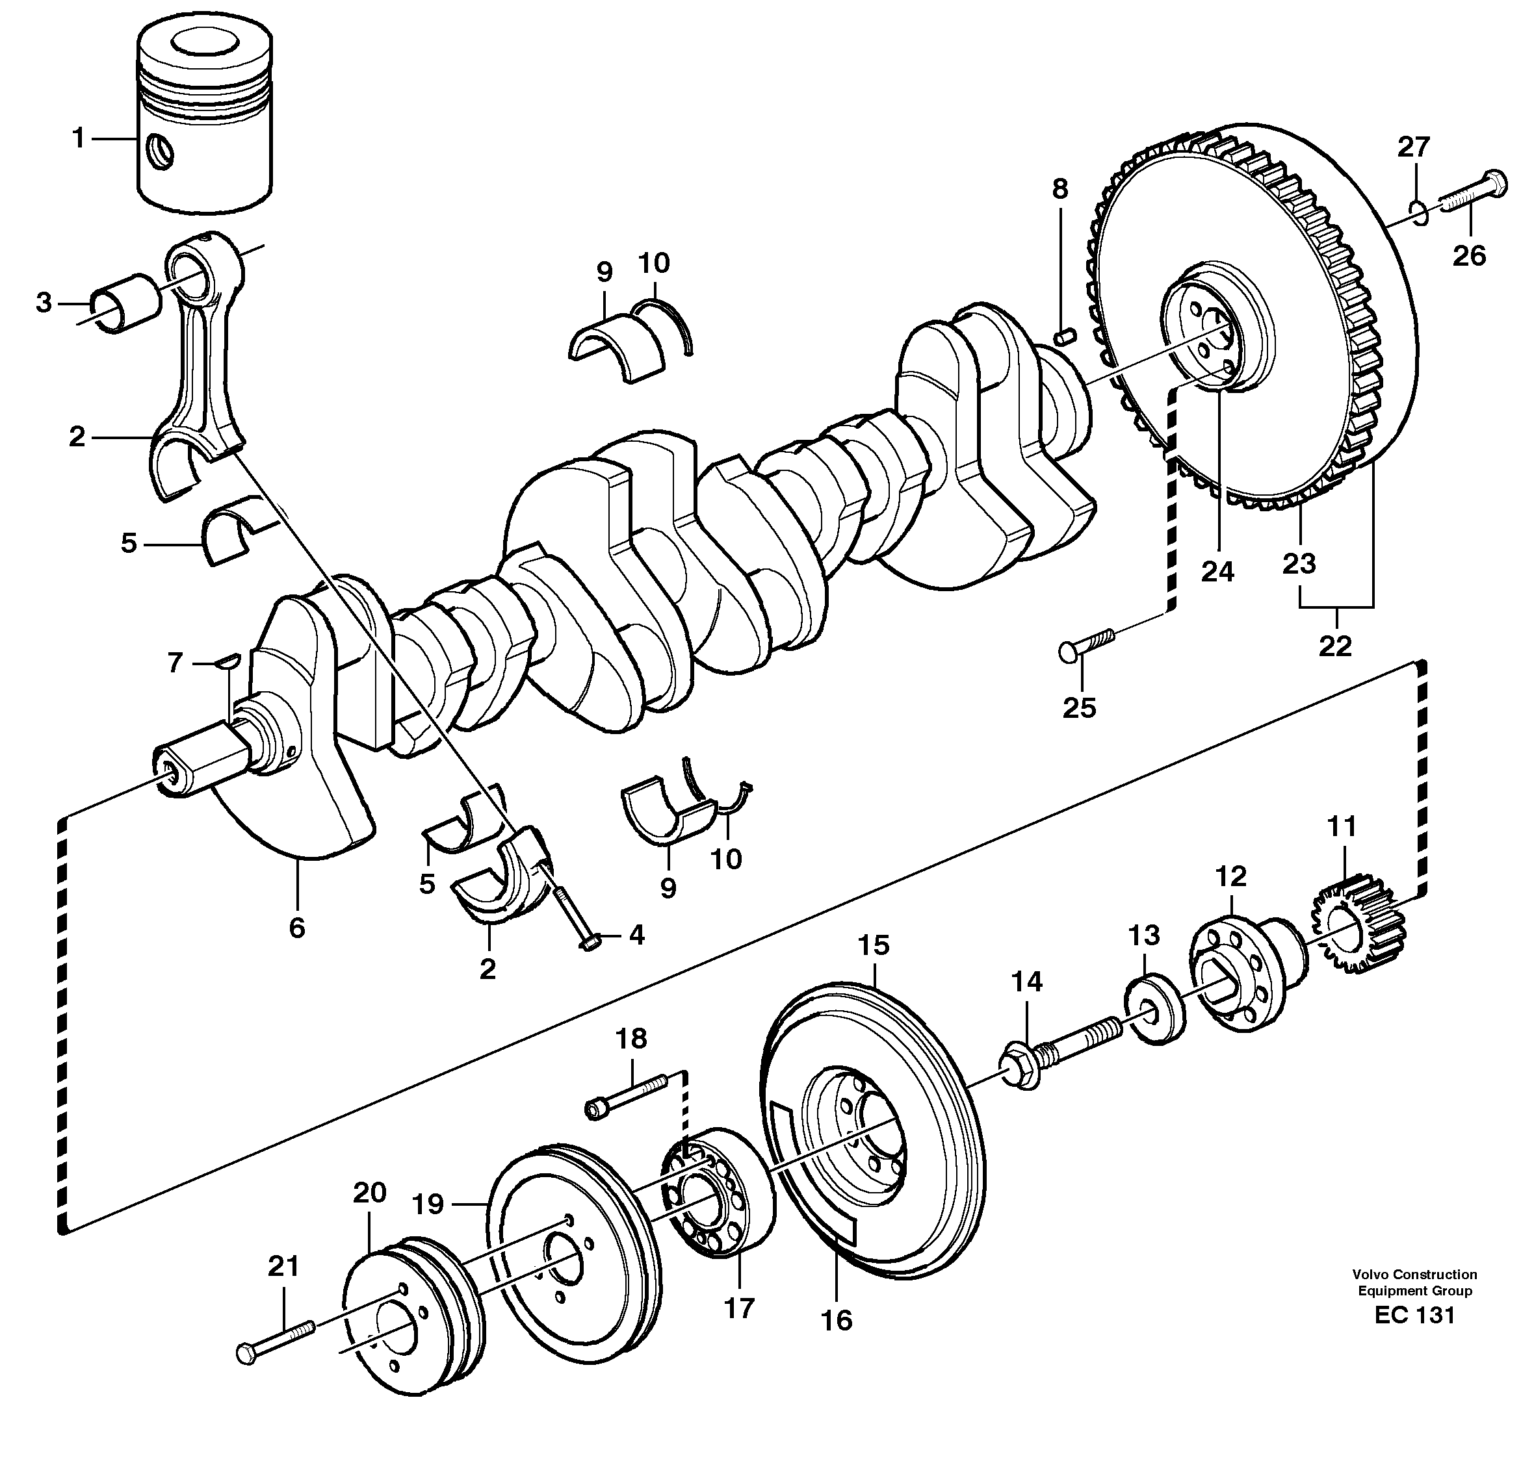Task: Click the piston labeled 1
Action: pos(205,121)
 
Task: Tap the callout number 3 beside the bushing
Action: pos(44,303)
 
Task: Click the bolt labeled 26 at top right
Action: pos(1472,194)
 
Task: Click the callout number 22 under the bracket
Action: pos(1334,646)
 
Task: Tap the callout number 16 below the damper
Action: pos(837,1320)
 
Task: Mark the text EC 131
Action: pos(1414,1316)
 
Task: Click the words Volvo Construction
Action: pos(1414,1274)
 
